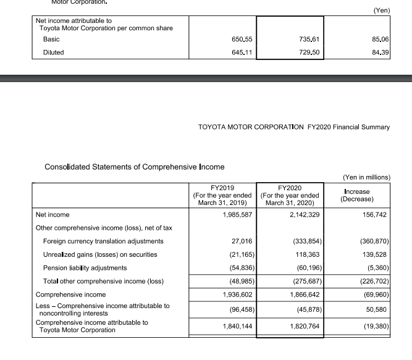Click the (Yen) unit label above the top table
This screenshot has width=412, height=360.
(x=382, y=10)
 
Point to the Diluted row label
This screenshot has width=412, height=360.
(x=54, y=52)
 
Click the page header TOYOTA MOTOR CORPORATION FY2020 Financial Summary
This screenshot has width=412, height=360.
(x=293, y=127)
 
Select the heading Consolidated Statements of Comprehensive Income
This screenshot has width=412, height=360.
(x=135, y=167)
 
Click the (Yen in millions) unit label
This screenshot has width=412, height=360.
(x=366, y=177)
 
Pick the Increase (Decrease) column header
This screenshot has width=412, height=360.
(x=357, y=195)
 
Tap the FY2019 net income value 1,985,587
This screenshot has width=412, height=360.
(x=234, y=215)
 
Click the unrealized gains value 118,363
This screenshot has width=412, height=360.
(x=304, y=254)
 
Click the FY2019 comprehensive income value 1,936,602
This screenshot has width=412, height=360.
(x=234, y=295)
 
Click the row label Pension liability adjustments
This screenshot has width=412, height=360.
(x=85, y=268)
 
